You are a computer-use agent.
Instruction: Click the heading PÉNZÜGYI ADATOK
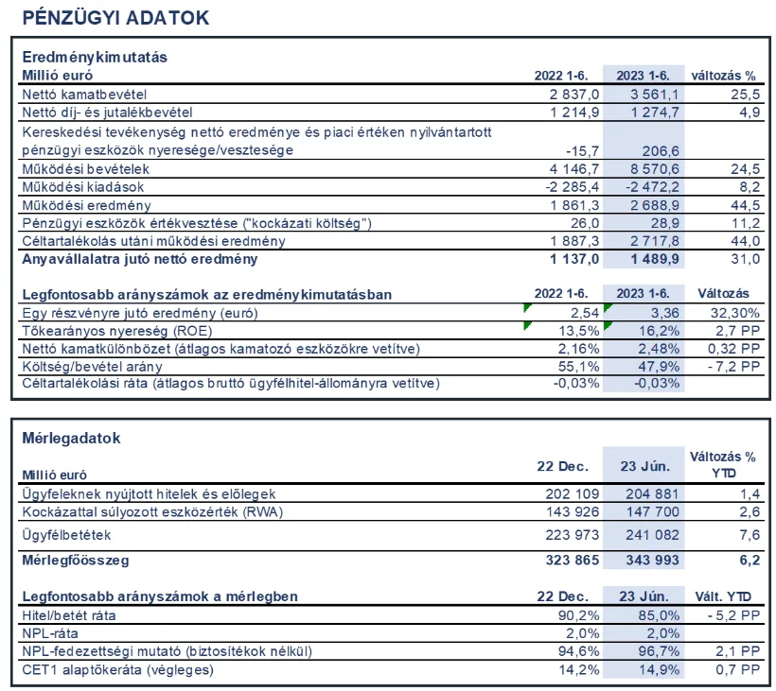115,18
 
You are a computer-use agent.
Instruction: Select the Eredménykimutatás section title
95,57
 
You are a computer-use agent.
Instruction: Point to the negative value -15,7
581,150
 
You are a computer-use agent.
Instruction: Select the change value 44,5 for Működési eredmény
745,205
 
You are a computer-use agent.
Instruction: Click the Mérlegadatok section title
71,439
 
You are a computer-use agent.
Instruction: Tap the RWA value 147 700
650,511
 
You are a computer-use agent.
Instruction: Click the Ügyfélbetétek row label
66,535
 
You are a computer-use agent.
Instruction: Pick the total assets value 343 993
650,561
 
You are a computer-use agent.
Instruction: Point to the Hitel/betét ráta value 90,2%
575,615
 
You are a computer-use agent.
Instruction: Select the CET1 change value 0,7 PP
738,670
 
